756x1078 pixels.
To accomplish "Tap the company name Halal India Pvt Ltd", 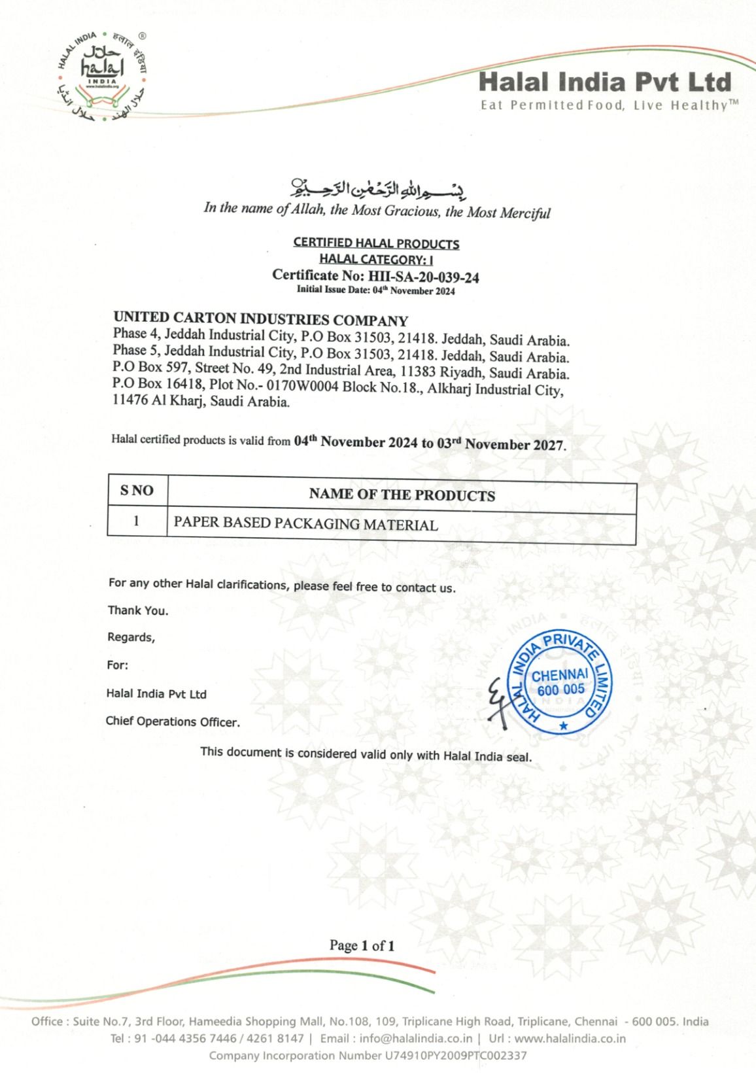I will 604,82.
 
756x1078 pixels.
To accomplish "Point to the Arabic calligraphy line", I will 379,188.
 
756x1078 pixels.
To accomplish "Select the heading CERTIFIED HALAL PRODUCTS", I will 376,243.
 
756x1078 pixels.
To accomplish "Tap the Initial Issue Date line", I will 375,290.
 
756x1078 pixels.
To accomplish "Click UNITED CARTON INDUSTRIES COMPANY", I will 260,319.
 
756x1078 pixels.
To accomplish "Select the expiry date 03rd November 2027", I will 500,444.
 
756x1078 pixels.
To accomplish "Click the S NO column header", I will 137,491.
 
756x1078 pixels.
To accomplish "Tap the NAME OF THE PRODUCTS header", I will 402,495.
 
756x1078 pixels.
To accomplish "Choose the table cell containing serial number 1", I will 137,521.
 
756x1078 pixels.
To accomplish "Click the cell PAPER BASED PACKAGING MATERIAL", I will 305,523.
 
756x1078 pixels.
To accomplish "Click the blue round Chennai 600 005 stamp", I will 560,682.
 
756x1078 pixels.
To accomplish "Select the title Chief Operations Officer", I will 173,722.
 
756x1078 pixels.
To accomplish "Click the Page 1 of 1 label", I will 362,945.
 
